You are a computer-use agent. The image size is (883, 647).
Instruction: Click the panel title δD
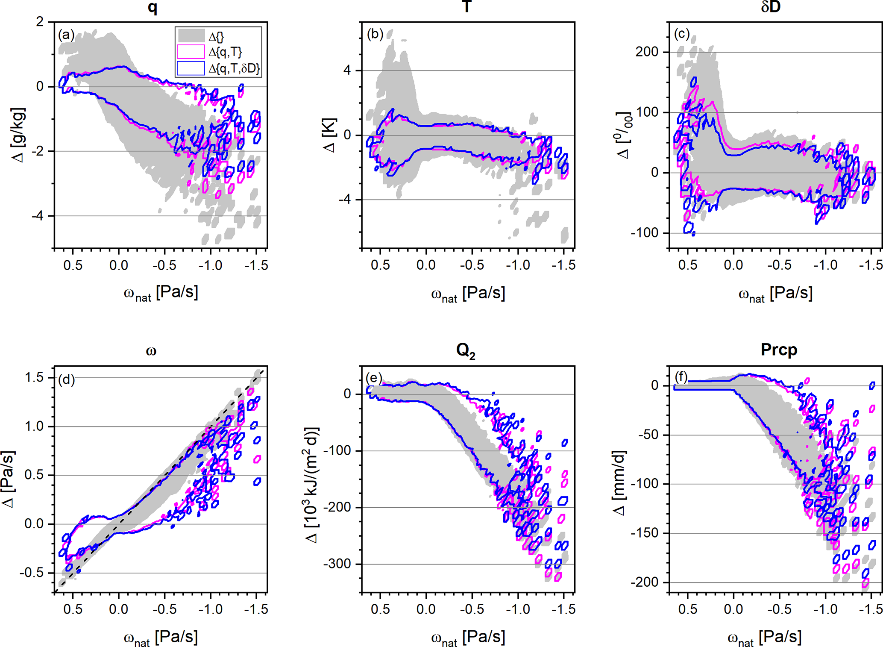[771, 7]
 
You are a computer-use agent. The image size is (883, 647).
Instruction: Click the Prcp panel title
[779, 350]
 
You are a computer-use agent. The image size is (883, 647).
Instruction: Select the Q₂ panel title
[466, 351]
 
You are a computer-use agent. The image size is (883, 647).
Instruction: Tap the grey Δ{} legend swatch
[191, 36]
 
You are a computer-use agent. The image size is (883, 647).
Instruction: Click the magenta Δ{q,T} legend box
[191, 52]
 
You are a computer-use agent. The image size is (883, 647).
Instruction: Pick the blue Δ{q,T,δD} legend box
[191, 68]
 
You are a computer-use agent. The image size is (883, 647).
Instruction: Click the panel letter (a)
[66, 35]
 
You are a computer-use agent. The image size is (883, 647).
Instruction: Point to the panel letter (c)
[682, 34]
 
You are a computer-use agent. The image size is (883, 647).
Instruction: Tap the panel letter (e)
[374, 378]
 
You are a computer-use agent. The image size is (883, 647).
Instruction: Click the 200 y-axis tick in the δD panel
[647, 52]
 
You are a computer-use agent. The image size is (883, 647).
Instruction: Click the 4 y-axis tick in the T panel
[347, 71]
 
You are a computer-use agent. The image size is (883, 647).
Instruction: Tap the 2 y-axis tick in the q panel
[40, 22]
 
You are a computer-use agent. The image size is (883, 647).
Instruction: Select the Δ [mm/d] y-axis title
[619, 483]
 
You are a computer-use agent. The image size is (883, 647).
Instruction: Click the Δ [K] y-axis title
[330, 135]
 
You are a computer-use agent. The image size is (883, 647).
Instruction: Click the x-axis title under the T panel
[468, 294]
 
